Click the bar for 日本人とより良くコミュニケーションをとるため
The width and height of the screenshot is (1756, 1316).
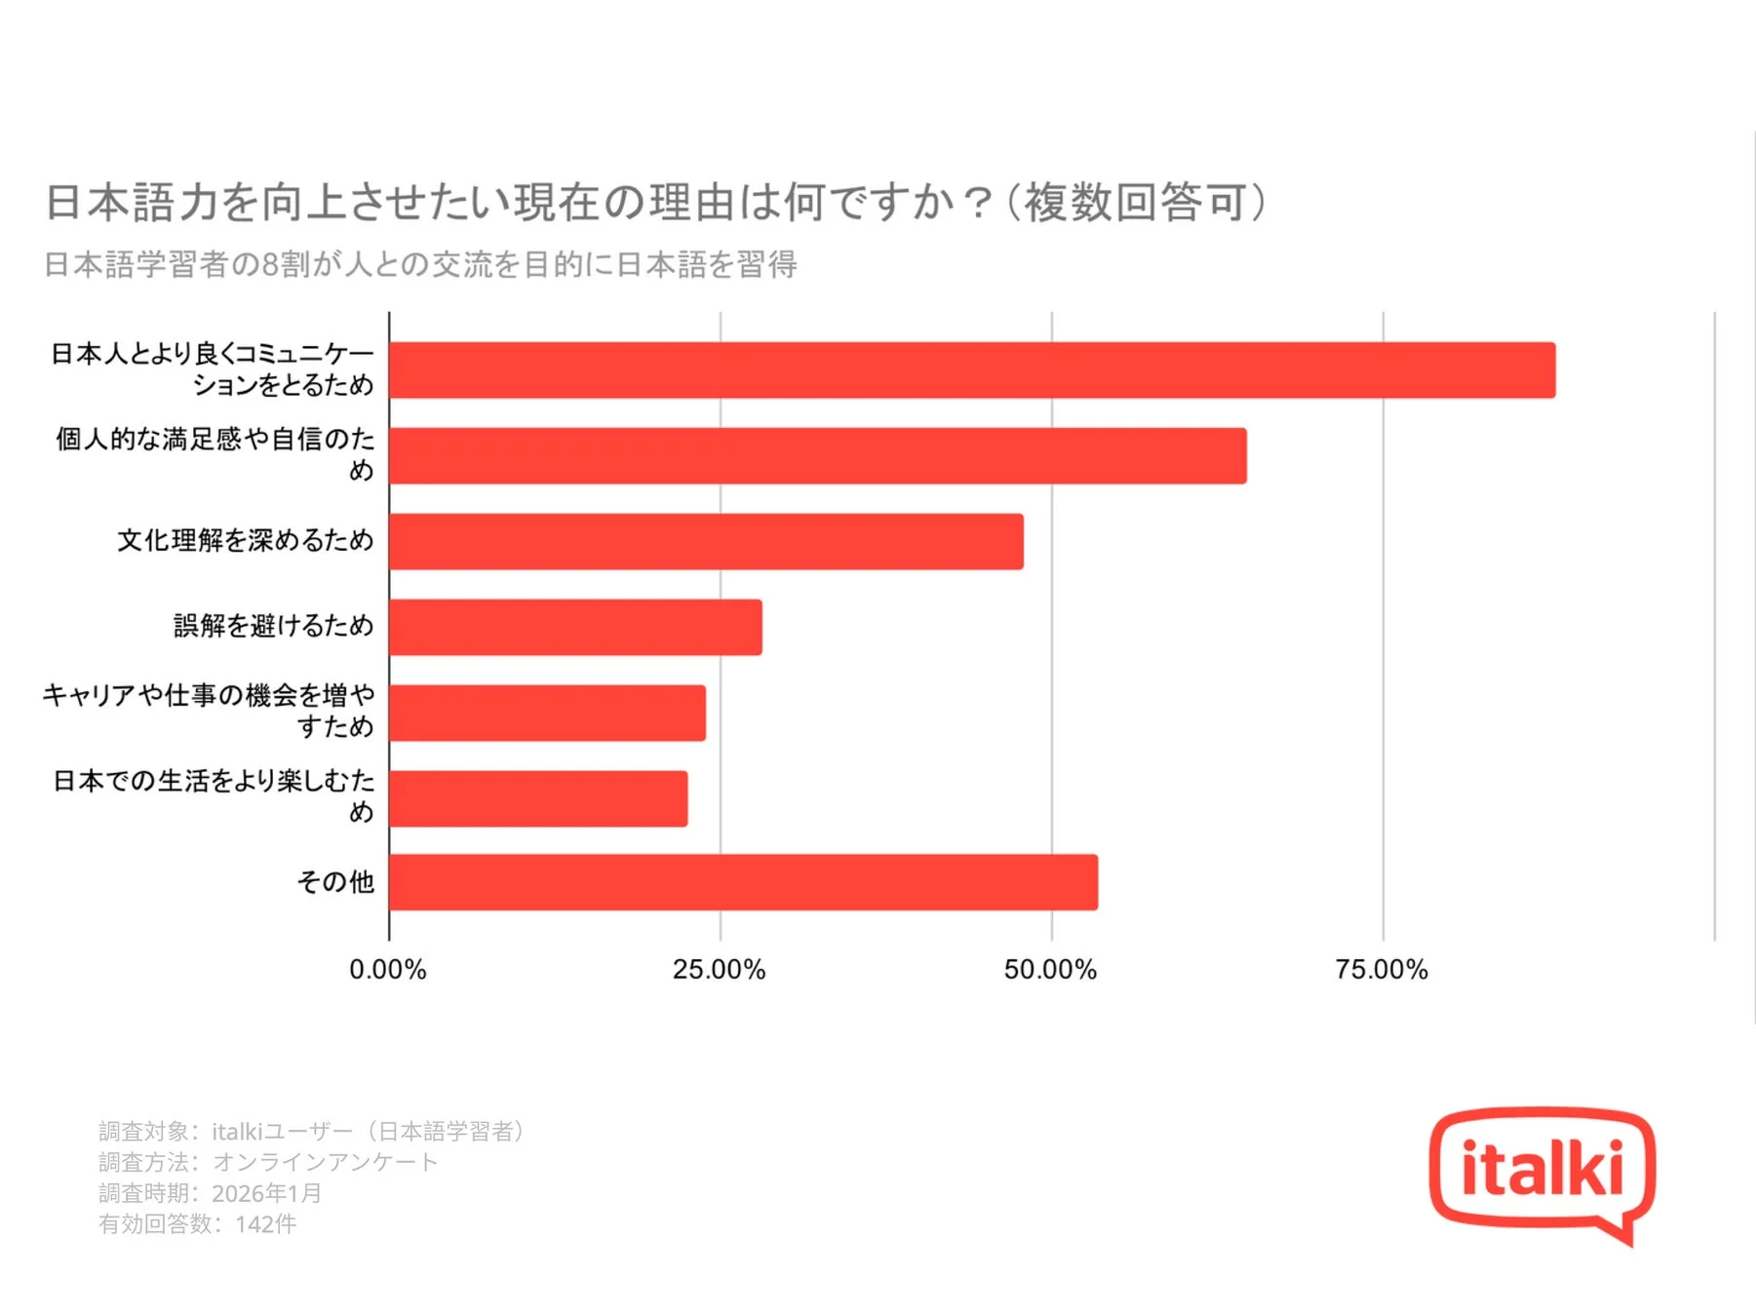(971, 370)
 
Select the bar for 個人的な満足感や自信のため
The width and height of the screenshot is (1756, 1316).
(817, 455)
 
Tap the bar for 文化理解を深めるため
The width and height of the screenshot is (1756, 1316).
(706, 541)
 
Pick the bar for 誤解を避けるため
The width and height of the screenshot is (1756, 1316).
(575, 627)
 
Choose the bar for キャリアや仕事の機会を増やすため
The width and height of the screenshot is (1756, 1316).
(547, 713)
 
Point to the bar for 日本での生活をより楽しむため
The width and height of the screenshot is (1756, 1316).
(538, 798)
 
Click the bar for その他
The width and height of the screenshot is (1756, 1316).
(743, 882)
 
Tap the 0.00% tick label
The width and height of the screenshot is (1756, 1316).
(388, 970)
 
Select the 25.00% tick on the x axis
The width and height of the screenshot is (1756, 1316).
(720, 970)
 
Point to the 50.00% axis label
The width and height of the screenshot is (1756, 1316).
(1050, 970)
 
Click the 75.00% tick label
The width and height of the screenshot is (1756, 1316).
(1382, 970)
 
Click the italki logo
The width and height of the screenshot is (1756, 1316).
(1541, 1172)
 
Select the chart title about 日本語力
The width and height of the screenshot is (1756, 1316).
(655, 203)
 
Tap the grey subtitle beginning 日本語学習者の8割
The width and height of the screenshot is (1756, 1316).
(420, 264)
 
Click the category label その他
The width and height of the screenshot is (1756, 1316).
(335, 882)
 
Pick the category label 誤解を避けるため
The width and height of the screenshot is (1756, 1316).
(274, 626)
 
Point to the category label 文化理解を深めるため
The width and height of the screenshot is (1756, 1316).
(246, 540)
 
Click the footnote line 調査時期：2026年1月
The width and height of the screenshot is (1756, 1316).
(210, 1193)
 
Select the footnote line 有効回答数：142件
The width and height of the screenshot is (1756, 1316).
(197, 1224)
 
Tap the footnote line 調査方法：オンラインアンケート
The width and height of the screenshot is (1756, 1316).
(268, 1162)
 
